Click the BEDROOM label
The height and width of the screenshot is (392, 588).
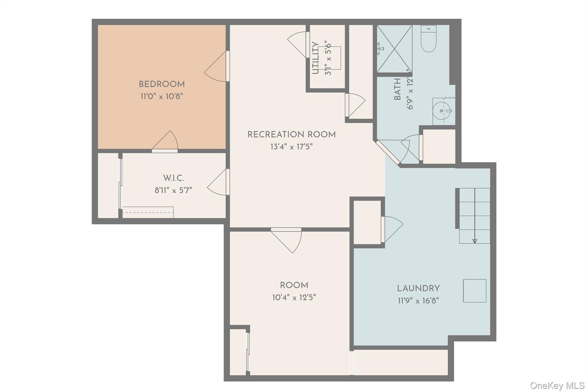[162, 84]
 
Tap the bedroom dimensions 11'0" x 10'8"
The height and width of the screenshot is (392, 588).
[162, 96]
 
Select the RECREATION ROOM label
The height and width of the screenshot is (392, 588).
[291, 135]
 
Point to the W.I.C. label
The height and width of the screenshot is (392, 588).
[173, 178]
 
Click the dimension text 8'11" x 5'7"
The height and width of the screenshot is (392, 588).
[173, 190]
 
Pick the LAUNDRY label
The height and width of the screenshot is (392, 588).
[418, 288]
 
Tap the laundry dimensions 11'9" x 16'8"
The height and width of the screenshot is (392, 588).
[418, 301]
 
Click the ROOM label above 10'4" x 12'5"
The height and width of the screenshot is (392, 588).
[294, 285]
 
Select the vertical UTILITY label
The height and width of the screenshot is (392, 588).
[315, 58]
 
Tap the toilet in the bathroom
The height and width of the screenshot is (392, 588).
[429, 39]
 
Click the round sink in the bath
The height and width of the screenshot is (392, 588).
[442, 111]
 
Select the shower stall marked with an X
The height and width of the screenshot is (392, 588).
[394, 49]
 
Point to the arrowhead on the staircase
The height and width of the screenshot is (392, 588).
[475, 241]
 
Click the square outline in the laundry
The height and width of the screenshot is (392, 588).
[475, 291]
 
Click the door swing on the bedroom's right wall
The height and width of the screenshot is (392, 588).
[216, 67]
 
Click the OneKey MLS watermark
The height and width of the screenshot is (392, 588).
[557, 385]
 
